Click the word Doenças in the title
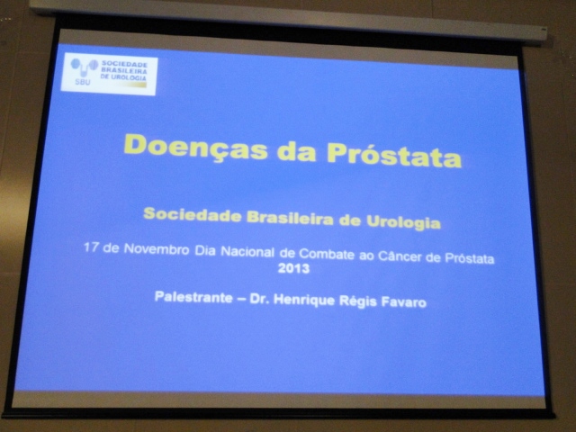click(196, 147)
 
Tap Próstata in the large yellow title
click(394, 155)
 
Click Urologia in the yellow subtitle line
click(404, 222)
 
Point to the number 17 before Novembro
click(91, 247)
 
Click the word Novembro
click(157, 249)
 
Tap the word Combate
click(327, 254)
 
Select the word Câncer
click(400, 256)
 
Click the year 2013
click(293, 268)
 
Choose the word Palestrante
click(193, 297)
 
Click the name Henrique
click(304, 300)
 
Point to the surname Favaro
click(404, 302)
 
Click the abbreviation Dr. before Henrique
click(260, 300)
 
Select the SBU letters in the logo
click(82, 82)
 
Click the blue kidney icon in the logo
click(84, 67)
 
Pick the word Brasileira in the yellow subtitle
click(290, 218)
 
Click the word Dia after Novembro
click(205, 250)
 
